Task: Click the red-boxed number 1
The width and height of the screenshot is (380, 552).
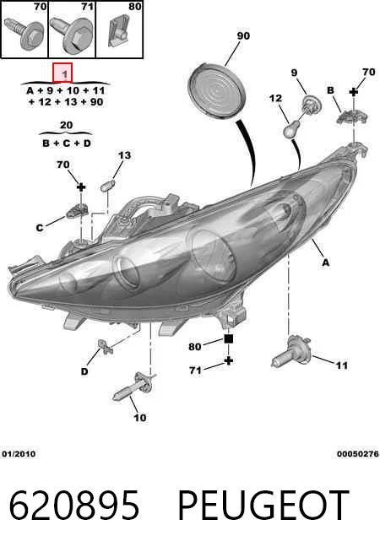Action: [x=62, y=73]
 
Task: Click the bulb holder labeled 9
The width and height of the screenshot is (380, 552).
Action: [x=312, y=105]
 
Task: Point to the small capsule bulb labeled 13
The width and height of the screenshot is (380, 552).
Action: [x=106, y=186]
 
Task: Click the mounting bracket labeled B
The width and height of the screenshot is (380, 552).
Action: [x=352, y=116]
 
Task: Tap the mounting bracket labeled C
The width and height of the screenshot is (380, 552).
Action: [x=78, y=211]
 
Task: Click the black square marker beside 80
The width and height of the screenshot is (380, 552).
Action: [x=228, y=339]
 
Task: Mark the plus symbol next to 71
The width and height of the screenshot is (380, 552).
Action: [x=229, y=361]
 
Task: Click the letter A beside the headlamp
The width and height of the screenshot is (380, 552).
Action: [x=326, y=262]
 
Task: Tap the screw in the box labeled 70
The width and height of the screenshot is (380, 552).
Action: [x=24, y=35]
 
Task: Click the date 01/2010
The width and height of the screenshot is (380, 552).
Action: [x=19, y=454]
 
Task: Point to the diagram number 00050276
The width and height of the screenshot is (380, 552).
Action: [x=357, y=454]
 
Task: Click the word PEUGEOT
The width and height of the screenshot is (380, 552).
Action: [x=263, y=506]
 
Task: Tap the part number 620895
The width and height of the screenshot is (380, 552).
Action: [x=74, y=506]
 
